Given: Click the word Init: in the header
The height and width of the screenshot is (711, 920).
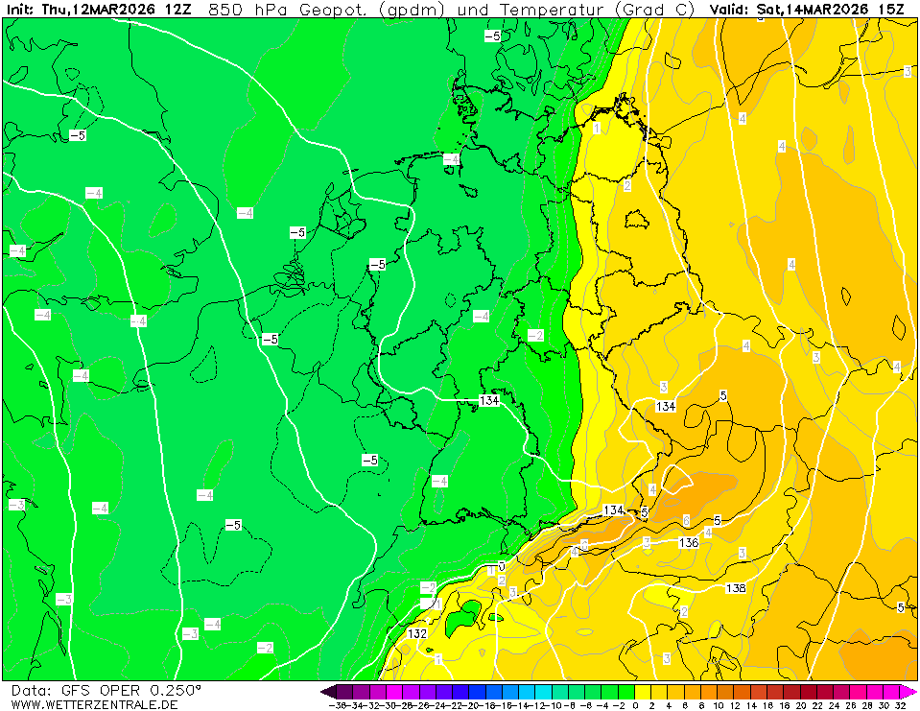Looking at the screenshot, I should (x=19, y=9).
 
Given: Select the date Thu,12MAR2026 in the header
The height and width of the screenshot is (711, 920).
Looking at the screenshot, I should (x=100, y=9).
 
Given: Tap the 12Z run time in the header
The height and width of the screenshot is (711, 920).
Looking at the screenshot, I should (x=178, y=9).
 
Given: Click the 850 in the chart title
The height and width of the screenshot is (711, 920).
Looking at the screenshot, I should (x=224, y=9).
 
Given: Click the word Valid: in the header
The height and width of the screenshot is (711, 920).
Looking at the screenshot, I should (x=730, y=9).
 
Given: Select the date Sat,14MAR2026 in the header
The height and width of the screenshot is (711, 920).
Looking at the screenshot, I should (x=813, y=9).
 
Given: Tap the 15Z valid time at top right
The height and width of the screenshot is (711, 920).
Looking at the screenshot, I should (x=893, y=9).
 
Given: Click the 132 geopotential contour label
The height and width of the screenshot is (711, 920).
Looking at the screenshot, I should (x=416, y=634).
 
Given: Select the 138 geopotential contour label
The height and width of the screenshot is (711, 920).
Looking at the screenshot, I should (x=736, y=588).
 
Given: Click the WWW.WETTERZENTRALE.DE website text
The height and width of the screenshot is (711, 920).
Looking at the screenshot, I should (x=94, y=704).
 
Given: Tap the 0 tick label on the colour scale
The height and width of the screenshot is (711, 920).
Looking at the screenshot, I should (x=635, y=705).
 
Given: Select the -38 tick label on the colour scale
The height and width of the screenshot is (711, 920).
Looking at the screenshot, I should (x=336, y=705).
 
